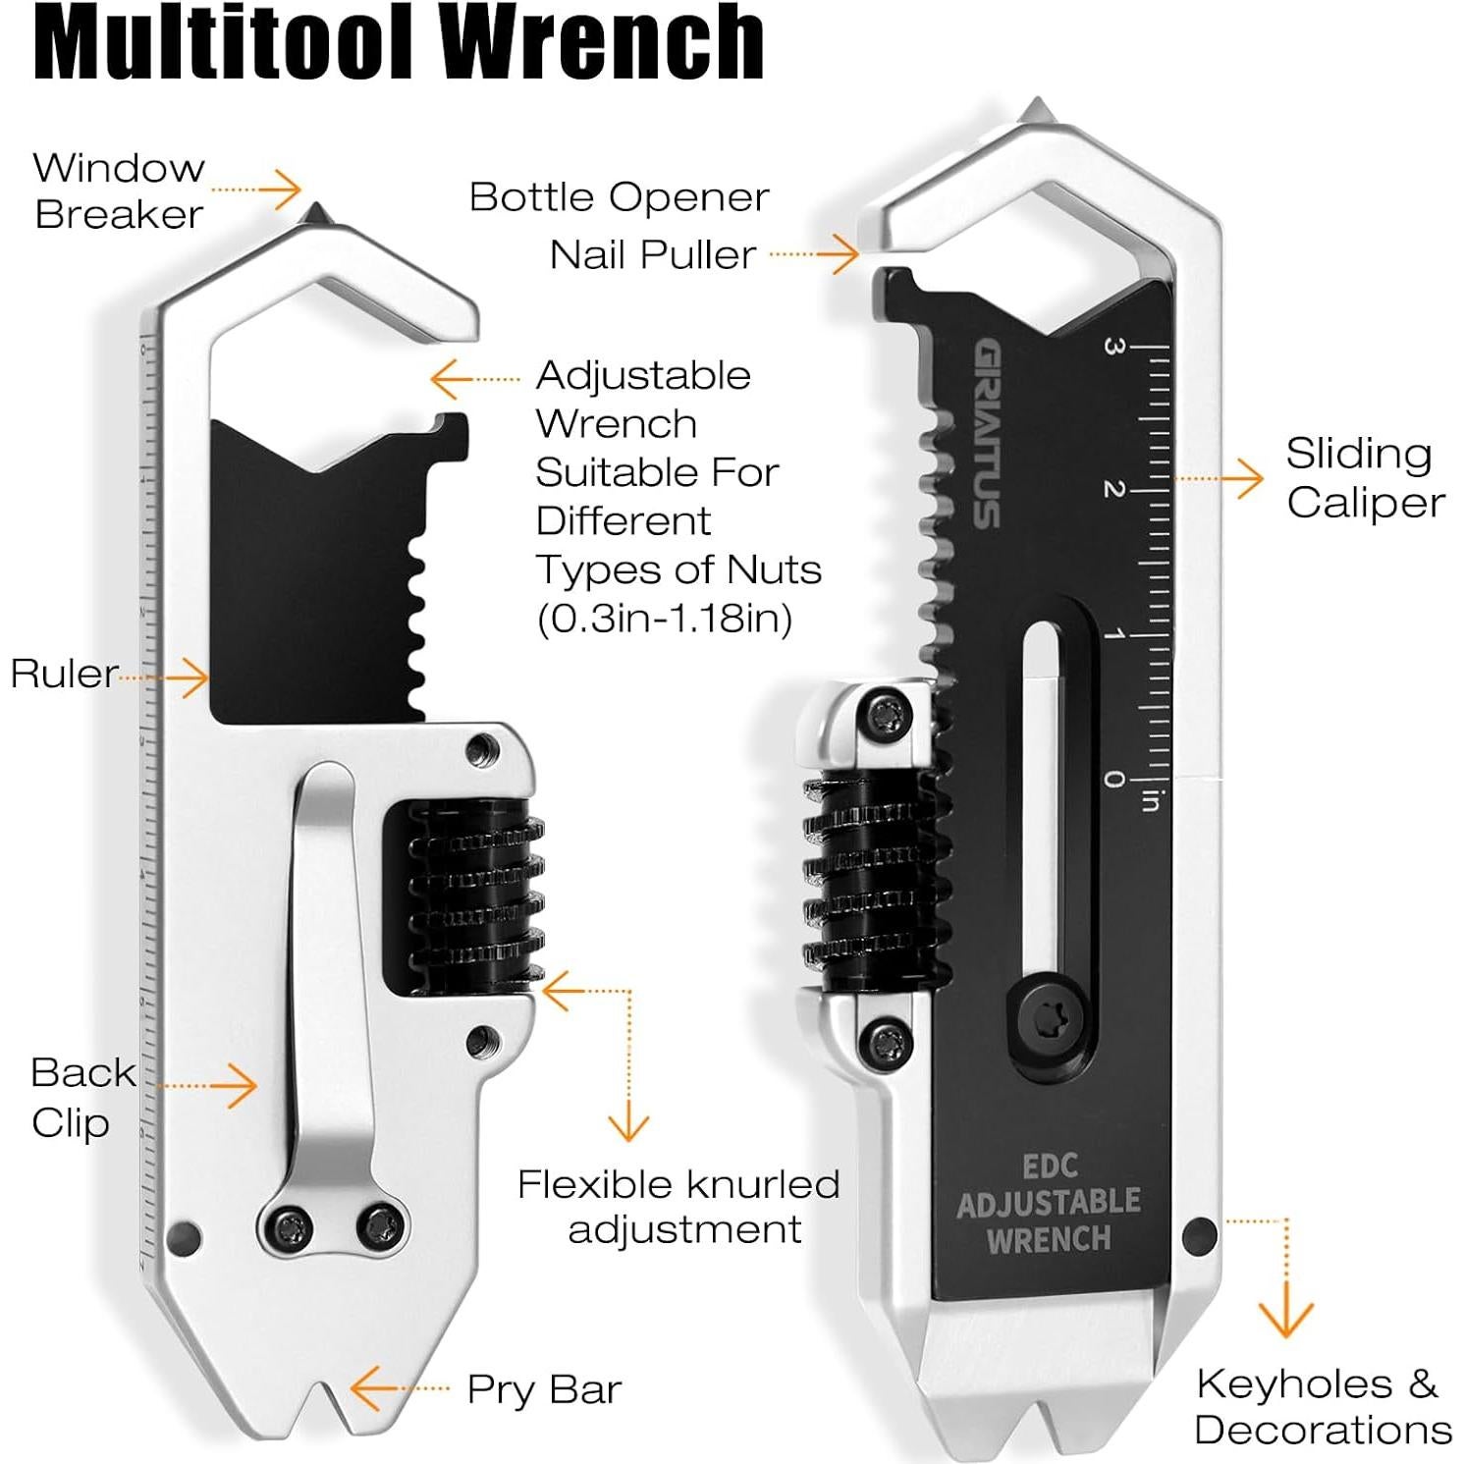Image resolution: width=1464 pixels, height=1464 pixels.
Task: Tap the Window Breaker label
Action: (119, 190)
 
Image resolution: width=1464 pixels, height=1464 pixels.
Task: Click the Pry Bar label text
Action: (544, 1389)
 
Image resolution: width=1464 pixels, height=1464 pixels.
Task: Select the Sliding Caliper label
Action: (1364, 477)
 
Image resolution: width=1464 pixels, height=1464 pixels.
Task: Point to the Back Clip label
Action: (82, 1097)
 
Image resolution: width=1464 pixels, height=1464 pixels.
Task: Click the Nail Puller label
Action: (653, 255)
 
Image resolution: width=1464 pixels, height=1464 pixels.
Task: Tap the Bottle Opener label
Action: (619, 197)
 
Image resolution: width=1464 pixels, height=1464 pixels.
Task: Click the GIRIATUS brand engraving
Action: (987, 433)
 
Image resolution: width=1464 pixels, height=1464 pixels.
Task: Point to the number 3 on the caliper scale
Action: (1113, 346)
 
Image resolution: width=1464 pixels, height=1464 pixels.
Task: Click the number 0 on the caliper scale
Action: (1113, 779)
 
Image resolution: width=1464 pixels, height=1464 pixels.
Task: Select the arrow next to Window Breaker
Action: (285, 190)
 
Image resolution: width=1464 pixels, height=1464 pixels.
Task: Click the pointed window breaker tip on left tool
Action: (316, 212)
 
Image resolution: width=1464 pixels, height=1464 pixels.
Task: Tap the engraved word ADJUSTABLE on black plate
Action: (1048, 1203)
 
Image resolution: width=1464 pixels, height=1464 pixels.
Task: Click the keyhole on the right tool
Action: (1199, 1235)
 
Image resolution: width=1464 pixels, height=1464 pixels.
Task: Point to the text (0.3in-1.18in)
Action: (665, 619)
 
